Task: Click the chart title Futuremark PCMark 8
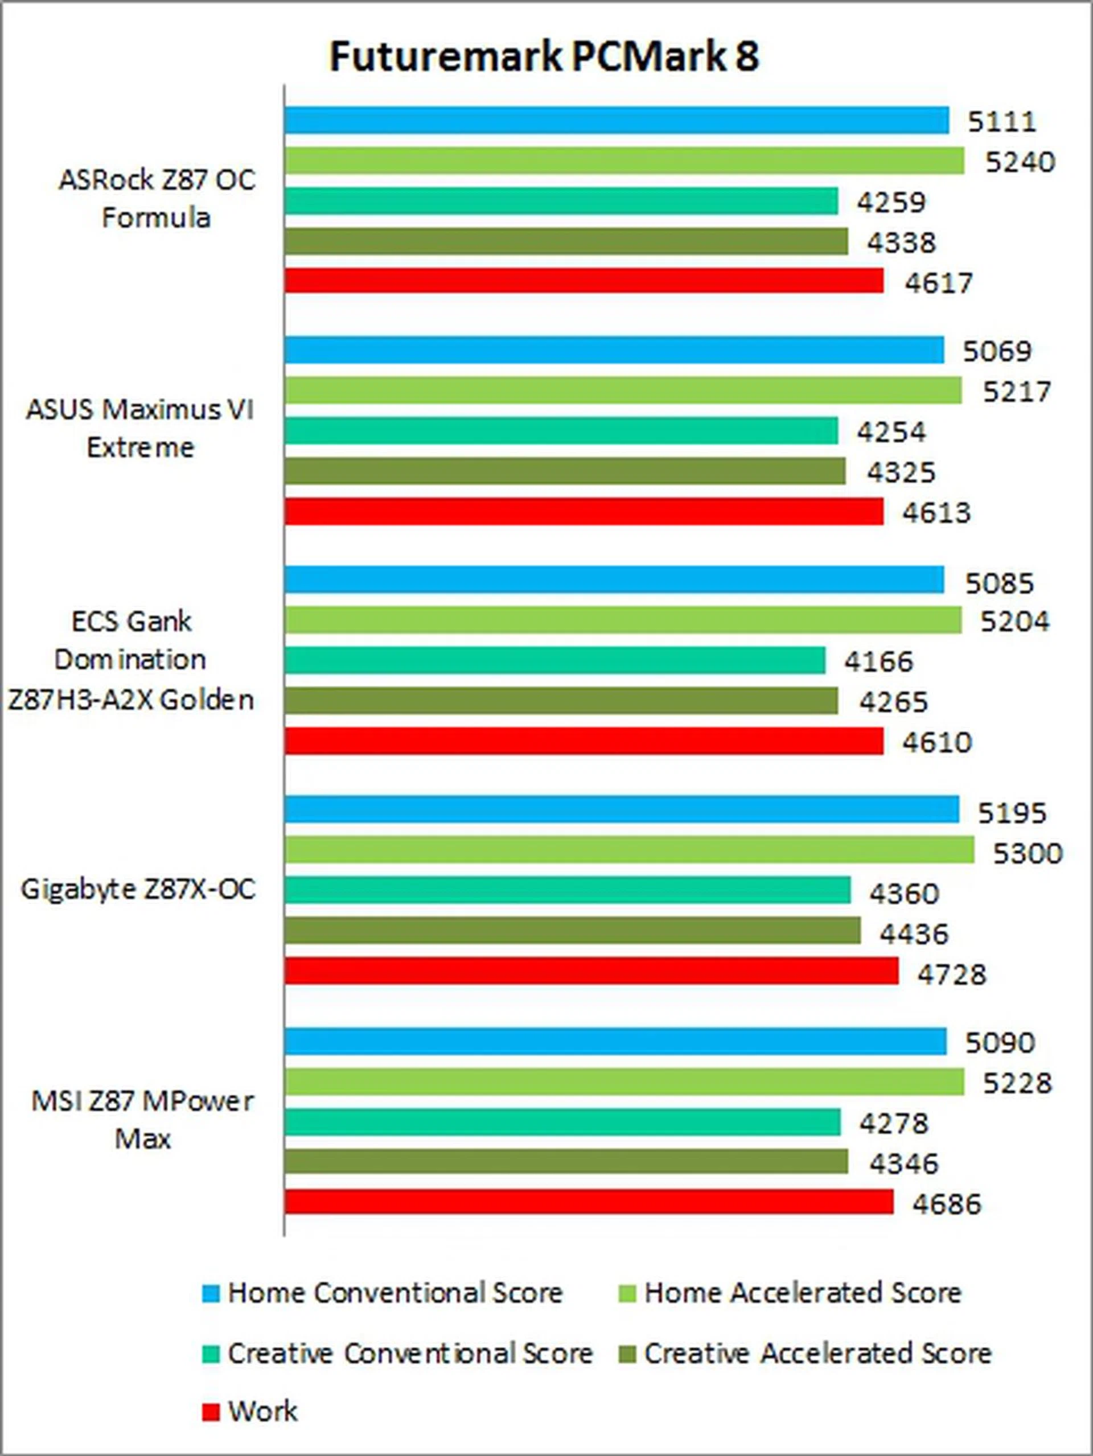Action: (544, 56)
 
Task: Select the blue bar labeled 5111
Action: (617, 121)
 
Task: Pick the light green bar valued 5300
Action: (629, 850)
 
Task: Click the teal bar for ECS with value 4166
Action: (554, 660)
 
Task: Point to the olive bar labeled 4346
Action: (566, 1162)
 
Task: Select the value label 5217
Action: (1016, 392)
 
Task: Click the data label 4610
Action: (936, 742)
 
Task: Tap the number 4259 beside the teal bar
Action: (891, 202)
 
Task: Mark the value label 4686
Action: (946, 1204)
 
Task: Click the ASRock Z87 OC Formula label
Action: (157, 199)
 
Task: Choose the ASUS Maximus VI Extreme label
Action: (140, 429)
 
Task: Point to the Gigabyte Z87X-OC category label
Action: (138, 889)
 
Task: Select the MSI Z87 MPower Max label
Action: (142, 1120)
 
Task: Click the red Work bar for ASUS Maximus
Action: (584, 512)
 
